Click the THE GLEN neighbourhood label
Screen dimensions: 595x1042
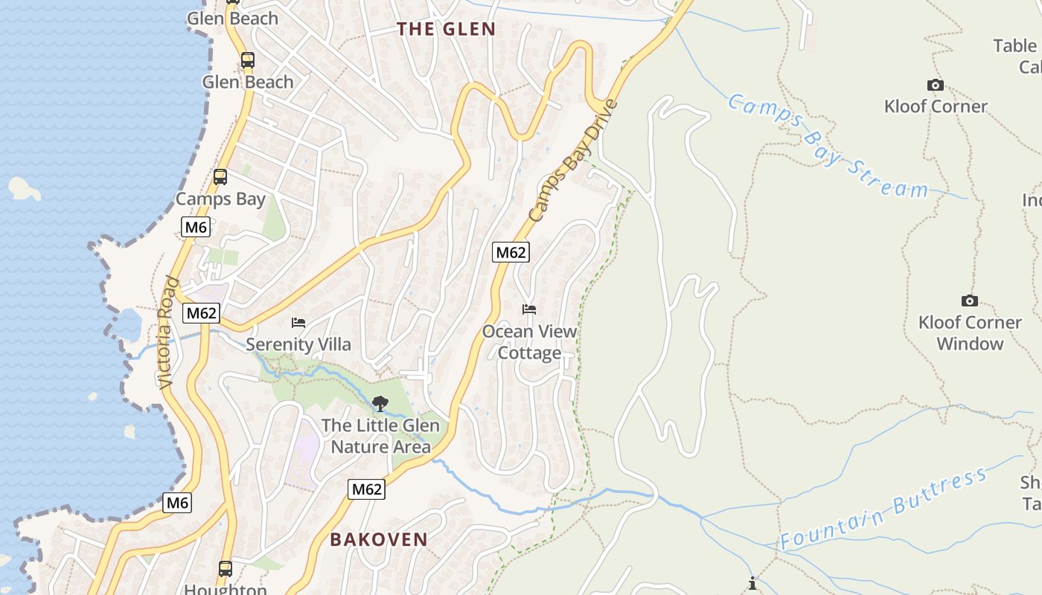pyautogui.click(x=446, y=29)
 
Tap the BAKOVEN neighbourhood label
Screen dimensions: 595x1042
pyautogui.click(x=379, y=539)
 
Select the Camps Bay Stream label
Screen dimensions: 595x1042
pyautogui.click(x=827, y=146)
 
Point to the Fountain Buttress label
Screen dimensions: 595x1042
pyautogui.click(x=883, y=509)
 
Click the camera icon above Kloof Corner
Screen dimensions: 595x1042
pyautogui.click(x=935, y=86)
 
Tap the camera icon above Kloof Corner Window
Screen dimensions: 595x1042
pyautogui.click(x=969, y=301)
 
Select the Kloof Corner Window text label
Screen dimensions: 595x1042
pyautogui.click(x=970, y=332)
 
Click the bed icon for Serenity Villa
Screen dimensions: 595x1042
pyautogui.click(x=298, y=323)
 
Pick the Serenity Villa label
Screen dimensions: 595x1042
pyautogui.click(x=298, y=344)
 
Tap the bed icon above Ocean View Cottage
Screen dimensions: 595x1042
pyautogui.click(x=529, y=309)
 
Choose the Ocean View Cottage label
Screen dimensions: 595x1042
pyautogui.click(x=529, y=342)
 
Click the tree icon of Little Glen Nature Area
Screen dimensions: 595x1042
pyautogui.click(x=380, y=404)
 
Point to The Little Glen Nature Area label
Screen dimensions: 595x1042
pyautogui.click(x=380, y=436)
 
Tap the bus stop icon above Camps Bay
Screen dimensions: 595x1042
pyautogui.click(x=220, y=177)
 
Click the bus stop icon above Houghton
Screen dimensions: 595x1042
pyautogui.click(x=226, y=569)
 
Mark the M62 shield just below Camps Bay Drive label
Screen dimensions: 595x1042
pyautogui.click(x=511, y=252)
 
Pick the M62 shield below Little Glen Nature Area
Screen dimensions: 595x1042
pyautogui.click(x=366, y=489)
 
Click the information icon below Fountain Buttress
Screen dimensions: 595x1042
pyautogui.click(x=752, y=583)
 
